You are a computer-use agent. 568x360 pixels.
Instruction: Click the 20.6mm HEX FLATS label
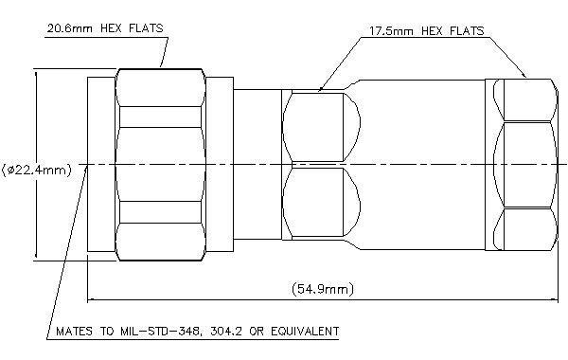(105, 28)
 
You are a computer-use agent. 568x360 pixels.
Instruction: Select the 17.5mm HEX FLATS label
(426, 31)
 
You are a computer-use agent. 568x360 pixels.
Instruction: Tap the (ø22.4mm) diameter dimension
(37, 170)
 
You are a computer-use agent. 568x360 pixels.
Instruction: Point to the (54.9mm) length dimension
(323, 289)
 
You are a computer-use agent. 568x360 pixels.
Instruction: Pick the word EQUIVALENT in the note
(305, 331)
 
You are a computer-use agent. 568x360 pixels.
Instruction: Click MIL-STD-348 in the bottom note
(157, 331)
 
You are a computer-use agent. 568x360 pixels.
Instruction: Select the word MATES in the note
(74, 332)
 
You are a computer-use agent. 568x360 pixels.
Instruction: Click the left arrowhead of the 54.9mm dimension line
(92, 299)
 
